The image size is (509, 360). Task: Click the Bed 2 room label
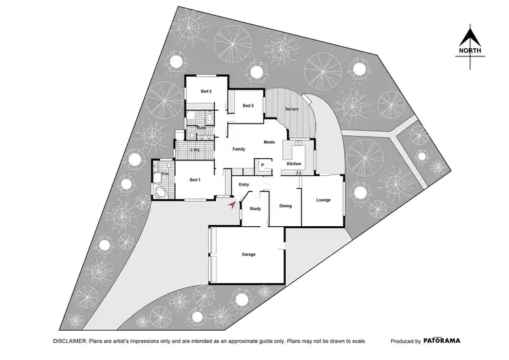206,91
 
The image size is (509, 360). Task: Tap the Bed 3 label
248,106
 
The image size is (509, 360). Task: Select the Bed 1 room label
194,179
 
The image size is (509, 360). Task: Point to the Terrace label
292,109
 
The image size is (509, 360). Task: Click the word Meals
269,142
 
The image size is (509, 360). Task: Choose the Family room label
238,149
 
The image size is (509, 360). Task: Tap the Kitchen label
294,164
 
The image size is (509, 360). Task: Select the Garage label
248,255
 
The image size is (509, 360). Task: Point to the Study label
255,209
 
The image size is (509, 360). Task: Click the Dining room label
285,205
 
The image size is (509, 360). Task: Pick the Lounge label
323,200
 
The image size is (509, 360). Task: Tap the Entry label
244,184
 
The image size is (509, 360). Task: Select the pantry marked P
262,164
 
